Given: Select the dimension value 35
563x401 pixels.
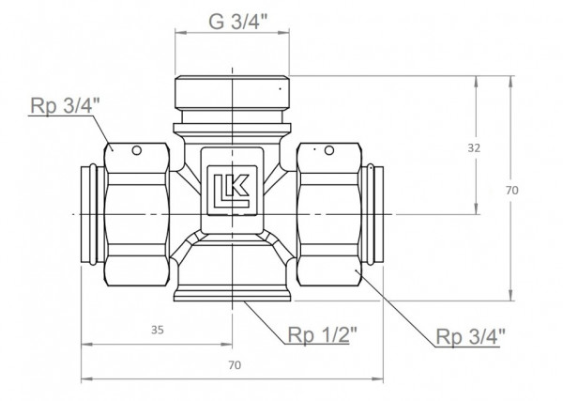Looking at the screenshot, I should pos(158,330).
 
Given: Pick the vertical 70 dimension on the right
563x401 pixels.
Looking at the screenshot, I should pos(511,190).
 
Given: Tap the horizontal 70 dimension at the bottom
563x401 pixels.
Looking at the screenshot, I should pos(235,363).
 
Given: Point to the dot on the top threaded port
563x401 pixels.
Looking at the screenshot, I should pos(279,88).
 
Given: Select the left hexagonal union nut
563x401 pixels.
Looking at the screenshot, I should pos(137,215).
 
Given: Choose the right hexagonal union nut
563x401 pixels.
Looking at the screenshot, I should pos(329,215).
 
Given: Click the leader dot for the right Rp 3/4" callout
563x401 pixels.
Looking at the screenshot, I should pos(357,272).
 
